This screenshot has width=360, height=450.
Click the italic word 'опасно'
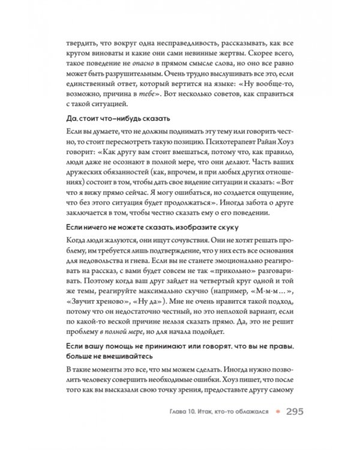pyautogui.click(x=148, y=68)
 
